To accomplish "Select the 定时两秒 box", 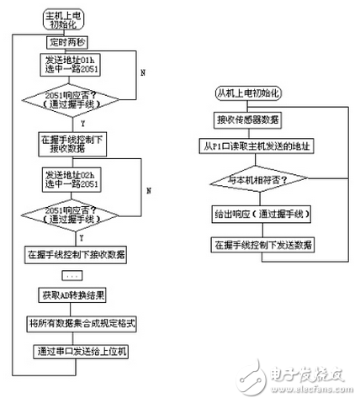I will click(x=69, y=41).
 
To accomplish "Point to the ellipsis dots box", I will click(x=71, y=275).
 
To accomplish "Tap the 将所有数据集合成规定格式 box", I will click(x=71, y=322).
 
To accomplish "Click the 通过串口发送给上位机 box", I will click(x=71, y=349).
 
